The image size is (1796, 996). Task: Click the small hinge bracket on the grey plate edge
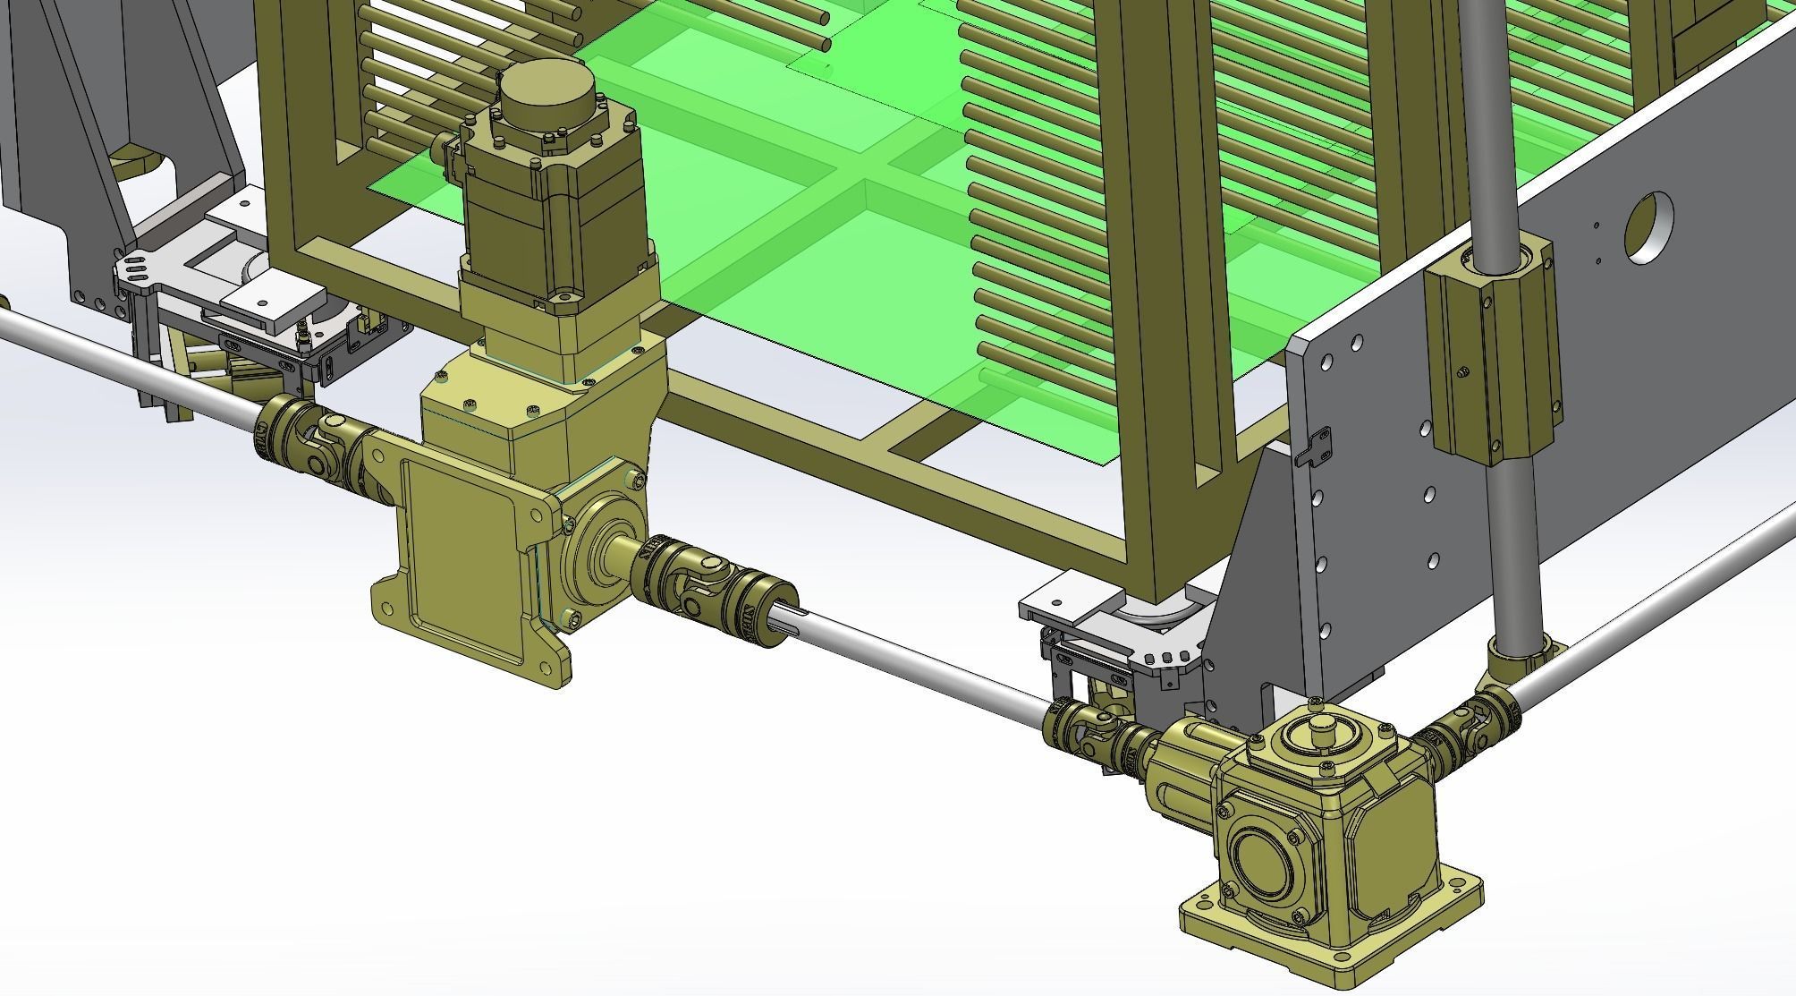(1315, 446)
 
